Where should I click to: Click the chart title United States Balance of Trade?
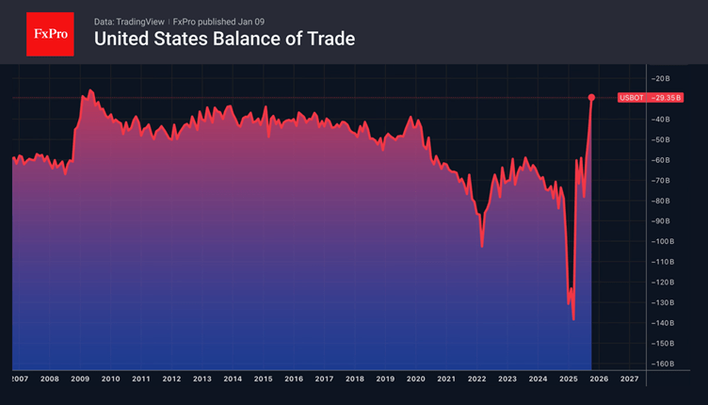coord(224,39)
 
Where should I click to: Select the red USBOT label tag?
coord(631,97)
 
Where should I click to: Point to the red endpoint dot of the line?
coord(591,97)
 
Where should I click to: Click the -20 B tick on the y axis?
coord(659,77)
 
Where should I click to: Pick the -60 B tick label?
coord(659,159)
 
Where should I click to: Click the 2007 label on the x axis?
coord(18,379)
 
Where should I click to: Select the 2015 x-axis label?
coord(263,379)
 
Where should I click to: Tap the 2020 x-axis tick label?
coord(415,379)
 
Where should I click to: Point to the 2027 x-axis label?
coord(629,379)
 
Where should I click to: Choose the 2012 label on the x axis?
coord(171,379)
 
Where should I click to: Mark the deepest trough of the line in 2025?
coord(573,318)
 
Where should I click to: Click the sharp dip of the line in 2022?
coord(482,246)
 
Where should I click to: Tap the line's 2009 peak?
coord(90,90)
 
